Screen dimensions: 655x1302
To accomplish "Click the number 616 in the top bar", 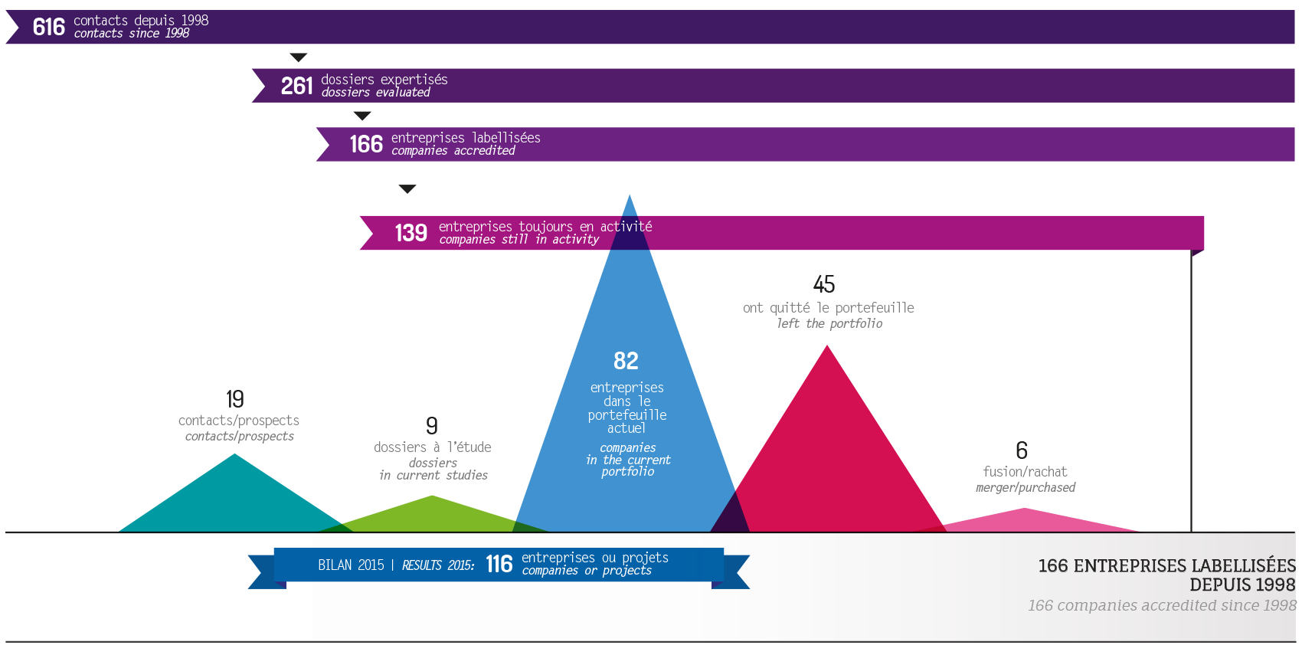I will [48, 28].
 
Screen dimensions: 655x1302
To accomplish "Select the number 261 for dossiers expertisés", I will [296, 86].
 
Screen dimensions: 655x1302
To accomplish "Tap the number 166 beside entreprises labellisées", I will [365, 144].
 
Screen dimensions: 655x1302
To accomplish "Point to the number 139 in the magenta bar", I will [411, 233].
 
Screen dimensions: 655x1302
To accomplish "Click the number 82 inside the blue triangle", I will [626, 361].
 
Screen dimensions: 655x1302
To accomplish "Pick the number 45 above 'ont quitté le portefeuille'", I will [824, 284].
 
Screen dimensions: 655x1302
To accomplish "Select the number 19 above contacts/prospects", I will [235, 399].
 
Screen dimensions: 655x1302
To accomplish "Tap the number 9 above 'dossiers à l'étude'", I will [432, 425].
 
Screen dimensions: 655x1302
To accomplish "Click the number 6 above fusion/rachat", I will [1022, 450].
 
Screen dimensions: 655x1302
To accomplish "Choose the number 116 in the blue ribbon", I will [499, 565].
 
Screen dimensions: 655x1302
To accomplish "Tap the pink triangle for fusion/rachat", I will [1026, 520].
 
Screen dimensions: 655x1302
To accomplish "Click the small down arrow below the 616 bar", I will [299, 57].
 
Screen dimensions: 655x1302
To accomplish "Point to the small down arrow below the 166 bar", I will [407, 188].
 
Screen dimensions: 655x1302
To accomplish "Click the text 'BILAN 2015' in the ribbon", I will [351, 565].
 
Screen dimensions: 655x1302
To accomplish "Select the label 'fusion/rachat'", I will [1025, 472].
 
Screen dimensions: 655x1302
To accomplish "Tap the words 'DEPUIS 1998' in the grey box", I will [1241, 585].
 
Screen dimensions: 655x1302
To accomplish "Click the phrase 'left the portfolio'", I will [829, 323].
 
